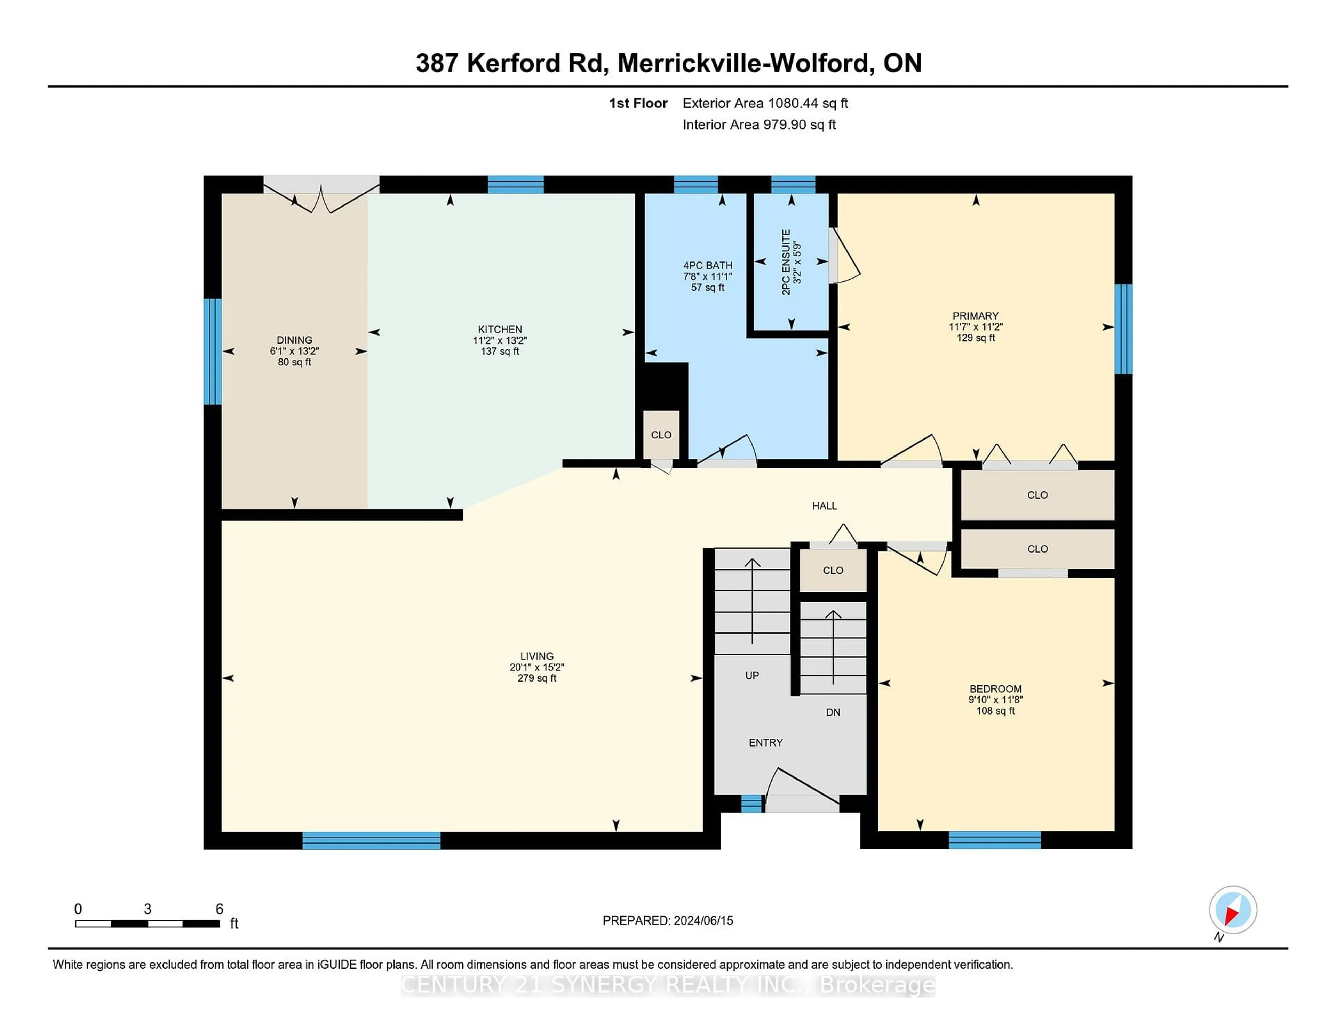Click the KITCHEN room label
[500, 330]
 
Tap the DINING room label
[294, 340]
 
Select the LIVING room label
[536, 656]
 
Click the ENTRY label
[766, 743]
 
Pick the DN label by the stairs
[833, 712]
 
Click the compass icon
[1233, 909]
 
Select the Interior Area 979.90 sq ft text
[758, 125]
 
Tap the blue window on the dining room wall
[212, 352]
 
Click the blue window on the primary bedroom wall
[1123, 329]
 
